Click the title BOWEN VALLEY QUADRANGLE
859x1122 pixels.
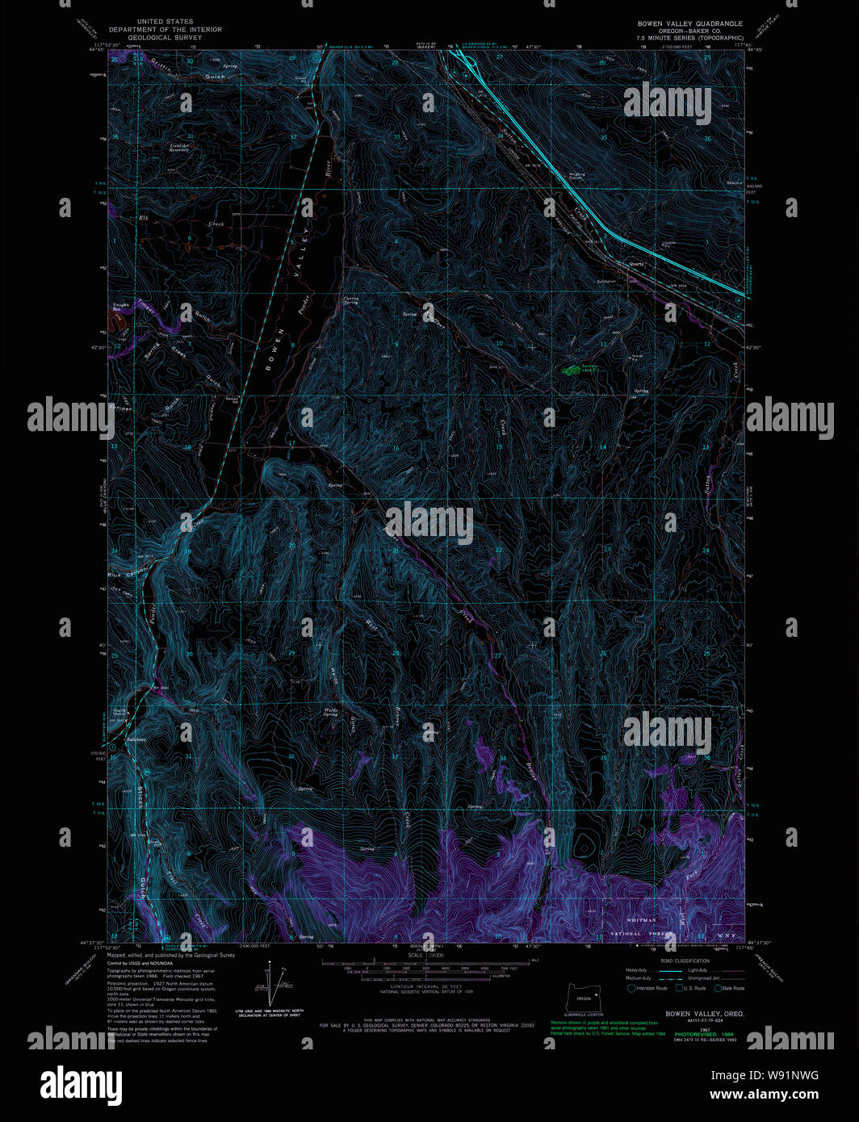(689, 24)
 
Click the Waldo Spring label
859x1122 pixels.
(330, 712)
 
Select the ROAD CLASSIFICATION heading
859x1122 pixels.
(685, 961)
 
